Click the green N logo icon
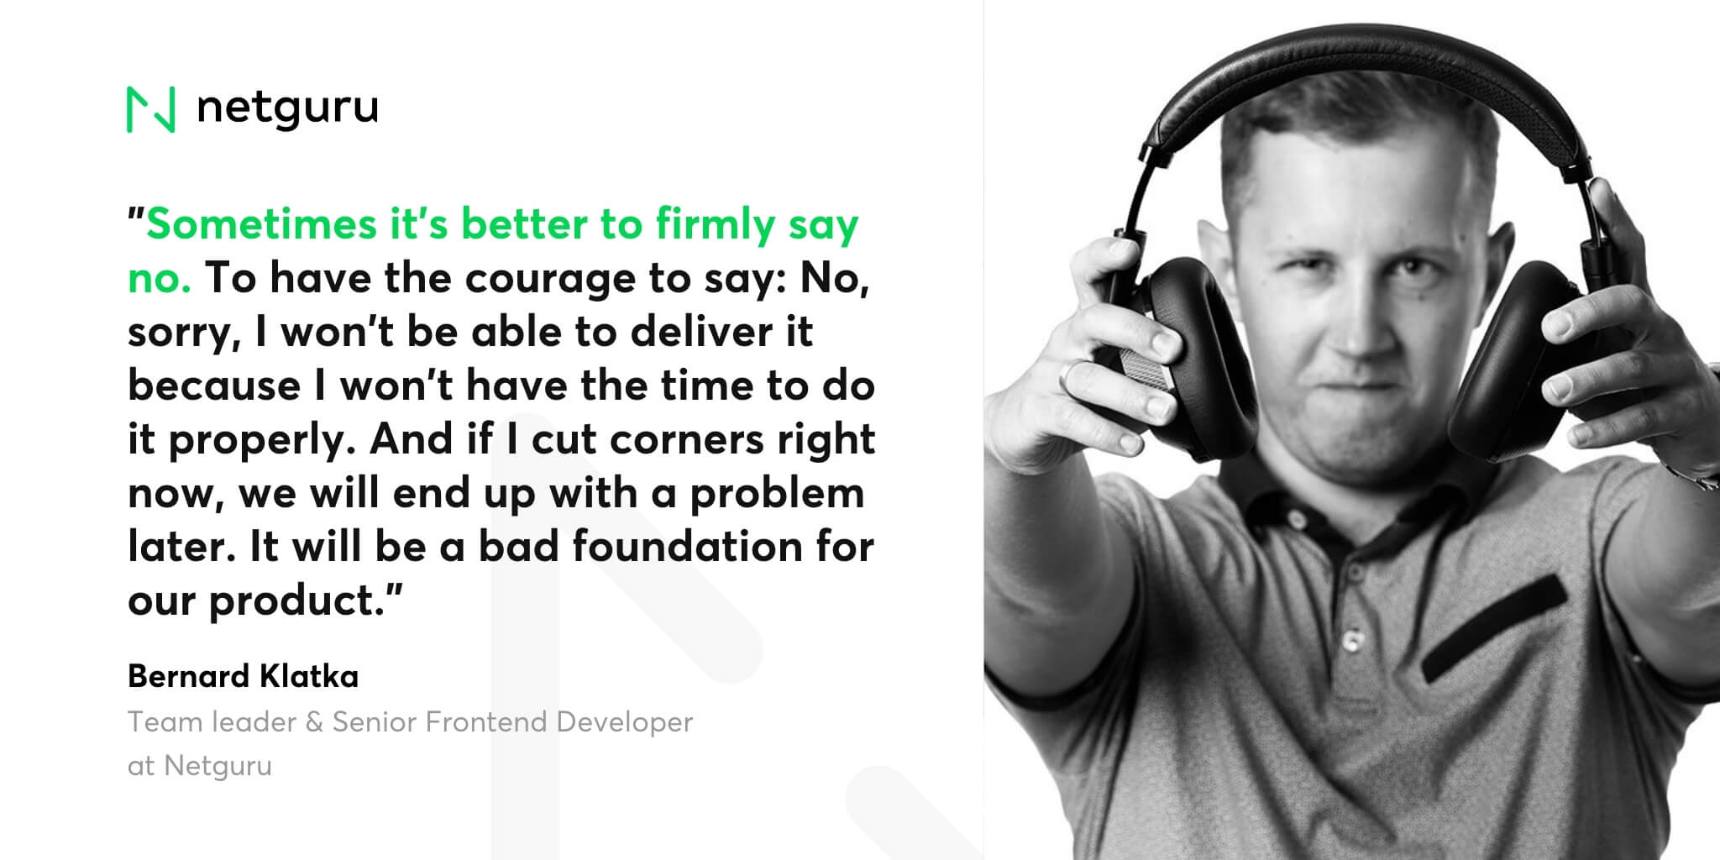[151, 109]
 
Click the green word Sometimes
[261, 224]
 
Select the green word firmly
[715, 226]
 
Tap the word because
[214, 385]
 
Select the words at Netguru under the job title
[200, 766]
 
